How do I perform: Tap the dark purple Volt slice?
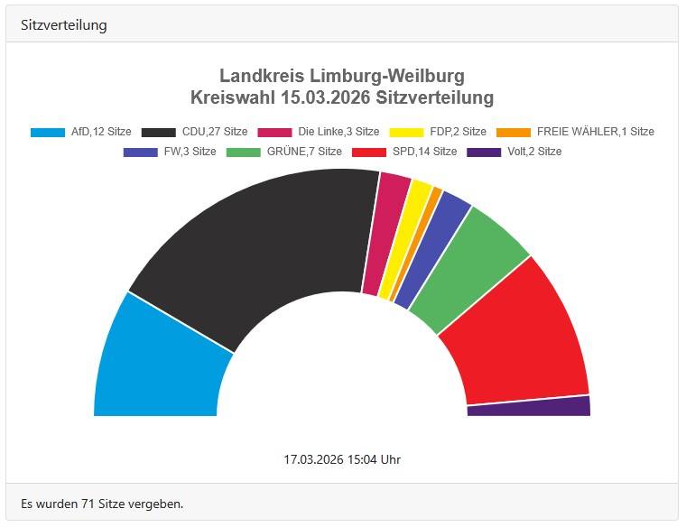533,407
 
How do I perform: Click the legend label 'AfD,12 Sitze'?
101,132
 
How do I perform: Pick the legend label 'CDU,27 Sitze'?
214,132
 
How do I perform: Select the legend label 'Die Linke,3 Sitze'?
338,132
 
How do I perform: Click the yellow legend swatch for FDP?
406,132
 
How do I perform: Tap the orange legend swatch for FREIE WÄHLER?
514,132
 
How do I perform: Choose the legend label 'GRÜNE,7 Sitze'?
304,152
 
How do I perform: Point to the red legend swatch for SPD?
369,152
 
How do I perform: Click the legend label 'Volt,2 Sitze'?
534,152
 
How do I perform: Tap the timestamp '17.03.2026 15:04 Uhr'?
342,459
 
